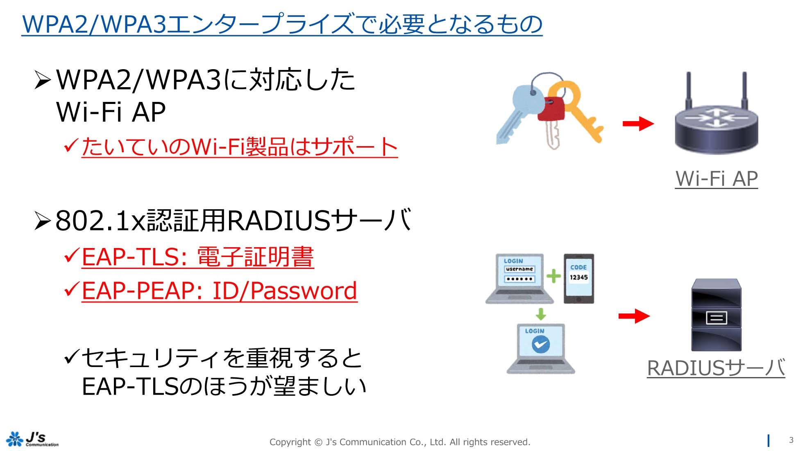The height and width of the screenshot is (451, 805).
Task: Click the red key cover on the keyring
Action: pyautogui.click(x=551, y=108)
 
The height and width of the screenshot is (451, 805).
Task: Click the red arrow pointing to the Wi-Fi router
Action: pyautogui.click(x=638, y=123)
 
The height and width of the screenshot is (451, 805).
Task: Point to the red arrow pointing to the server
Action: pyautogui.click(x=634, y=316)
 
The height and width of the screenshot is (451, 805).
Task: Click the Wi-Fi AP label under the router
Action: pyautogui.click(x=717, y=178)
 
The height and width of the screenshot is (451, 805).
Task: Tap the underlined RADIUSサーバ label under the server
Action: pyautogui.click(x=716, y=368)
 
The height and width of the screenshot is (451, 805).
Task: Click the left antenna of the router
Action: pyautogui.click(x=689, y=92)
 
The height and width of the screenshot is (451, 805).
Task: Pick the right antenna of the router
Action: pyautogui.click(x=744, y=92)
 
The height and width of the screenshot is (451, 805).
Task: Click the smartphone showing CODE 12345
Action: pyautogui.click(x=578, y=278)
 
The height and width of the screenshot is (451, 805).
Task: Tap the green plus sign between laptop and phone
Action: pyautogui.click(x=553, y=276)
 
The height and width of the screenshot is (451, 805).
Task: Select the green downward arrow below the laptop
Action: pyautogui.click(x=541, y=314)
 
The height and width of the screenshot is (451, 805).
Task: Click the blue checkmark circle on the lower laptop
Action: pyautogui.click(x=540, y=344)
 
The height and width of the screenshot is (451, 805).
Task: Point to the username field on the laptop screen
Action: pyautogui.click(x=519, y=269)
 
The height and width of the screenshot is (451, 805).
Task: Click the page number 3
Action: pyautogui.click(x=791, y=440)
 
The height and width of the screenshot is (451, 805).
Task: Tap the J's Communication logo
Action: pyautogui.click(x=32, y=439)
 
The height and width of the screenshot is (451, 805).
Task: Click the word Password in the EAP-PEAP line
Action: pyautogui.click(x=304, y=291)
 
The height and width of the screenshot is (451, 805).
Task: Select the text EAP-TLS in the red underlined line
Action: pyautogui.click(x=131, y=257)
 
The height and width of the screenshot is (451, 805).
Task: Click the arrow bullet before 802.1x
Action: pyautogui.click(x=43, y=221)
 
